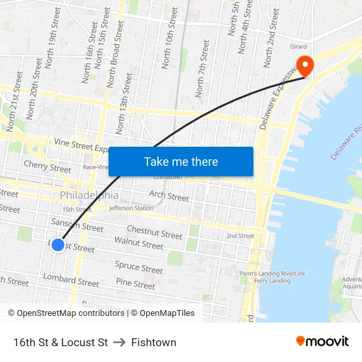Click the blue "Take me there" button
coord(181,161)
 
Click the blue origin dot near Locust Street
coord(58,245)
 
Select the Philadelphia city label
coord(90,195)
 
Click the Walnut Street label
coord(138,244)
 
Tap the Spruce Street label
coord(139,268)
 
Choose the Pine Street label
coord(135,284)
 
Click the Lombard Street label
coord(71,281)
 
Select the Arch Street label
coord(169,195)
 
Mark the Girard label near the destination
coord(298,47)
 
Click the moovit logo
coord(322,342)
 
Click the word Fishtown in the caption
coord(153,342)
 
